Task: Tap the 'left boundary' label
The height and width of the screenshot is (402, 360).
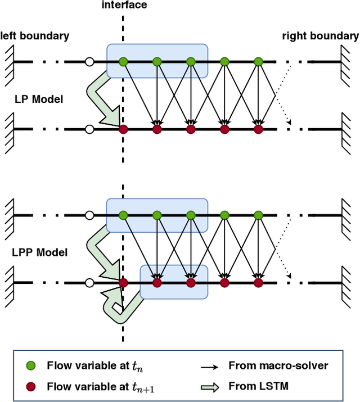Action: point(34,36)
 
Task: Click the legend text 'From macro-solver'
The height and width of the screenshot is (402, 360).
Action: point(278,365)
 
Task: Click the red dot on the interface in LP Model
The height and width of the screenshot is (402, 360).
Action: point(123,129)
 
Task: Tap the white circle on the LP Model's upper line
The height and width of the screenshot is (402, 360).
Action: point(89,61)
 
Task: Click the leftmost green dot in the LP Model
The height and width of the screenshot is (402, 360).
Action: point(123,61)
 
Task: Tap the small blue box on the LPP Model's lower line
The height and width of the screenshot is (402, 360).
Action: point(174,282)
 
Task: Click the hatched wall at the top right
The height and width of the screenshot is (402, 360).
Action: point(345,61)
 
